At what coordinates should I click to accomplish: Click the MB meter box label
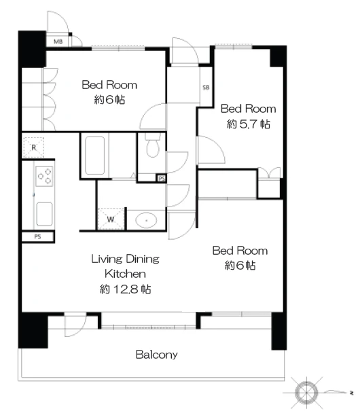click(x=58, y=41)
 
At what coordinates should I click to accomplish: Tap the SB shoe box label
click(x=206, y=87)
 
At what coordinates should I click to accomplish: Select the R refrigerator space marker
click(x=33, y=147)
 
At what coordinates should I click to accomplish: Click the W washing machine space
click(x=111, y=219)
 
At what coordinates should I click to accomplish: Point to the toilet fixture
click(x=153, y=145)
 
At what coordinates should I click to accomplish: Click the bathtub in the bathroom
click(x=94, y=155)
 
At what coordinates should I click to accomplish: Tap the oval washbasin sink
click(x=146, y=220)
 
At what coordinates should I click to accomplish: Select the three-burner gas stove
click(x=44, y=176)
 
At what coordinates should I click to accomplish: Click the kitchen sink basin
click(x=44, y=214)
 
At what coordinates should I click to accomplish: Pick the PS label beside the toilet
click(x=162, y=179)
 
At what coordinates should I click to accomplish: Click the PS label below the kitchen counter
click(x=37, y=236)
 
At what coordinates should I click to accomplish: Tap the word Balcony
click(x=157, y=355)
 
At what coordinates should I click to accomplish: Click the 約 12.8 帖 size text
click(x=125, y=289)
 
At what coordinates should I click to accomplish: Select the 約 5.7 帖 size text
click(x=248, y=124)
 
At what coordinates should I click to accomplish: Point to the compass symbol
click(x=306, y=393)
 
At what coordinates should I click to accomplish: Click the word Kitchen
click(x=125, y=274)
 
